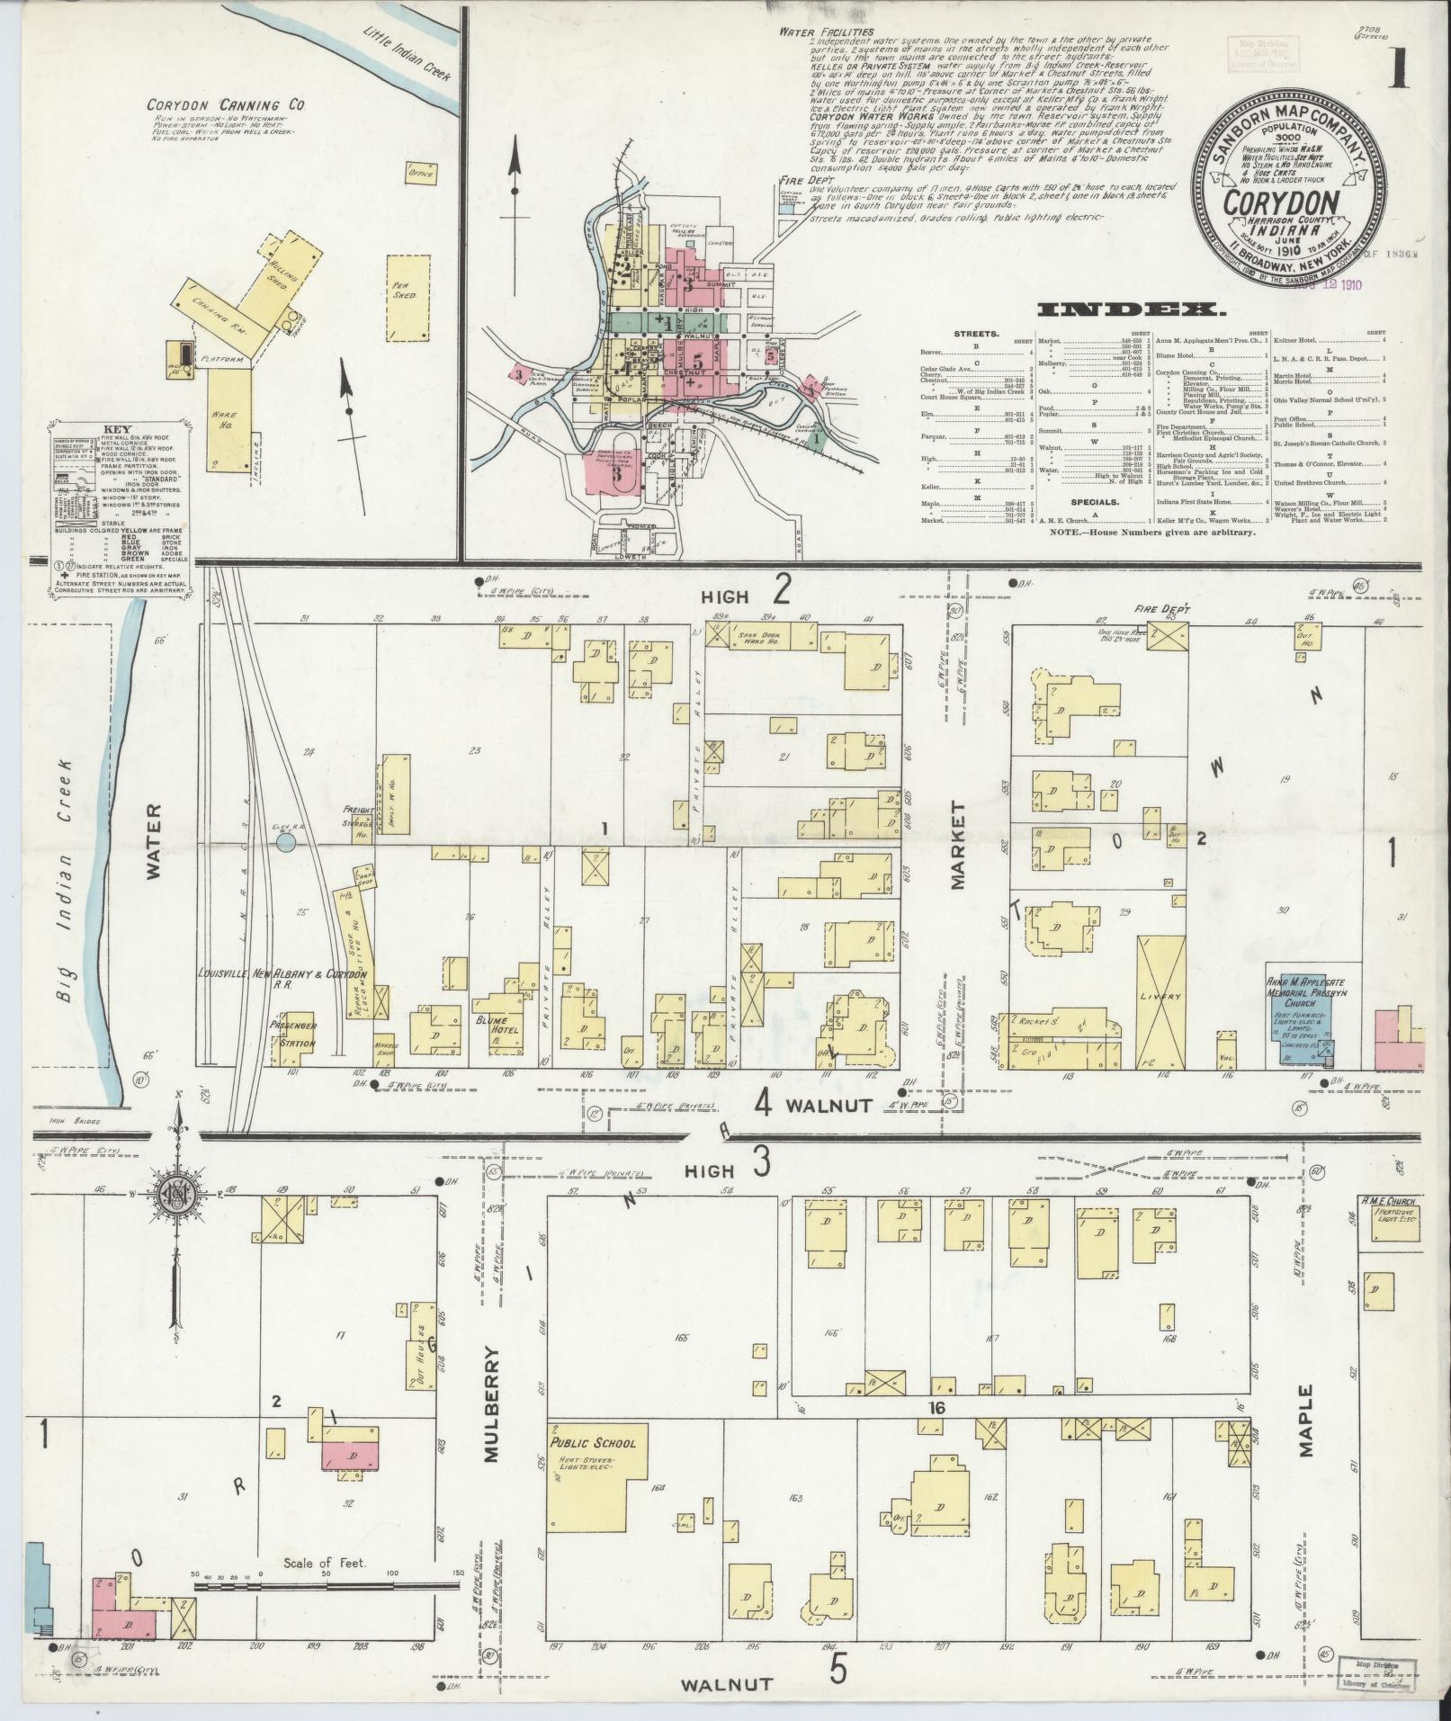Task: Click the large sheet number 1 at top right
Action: (x=1397, y=67)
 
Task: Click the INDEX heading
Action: (x=1132, y=310)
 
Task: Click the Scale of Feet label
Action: (x=325, y=1563)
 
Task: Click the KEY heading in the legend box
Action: (x=89, y=431)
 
